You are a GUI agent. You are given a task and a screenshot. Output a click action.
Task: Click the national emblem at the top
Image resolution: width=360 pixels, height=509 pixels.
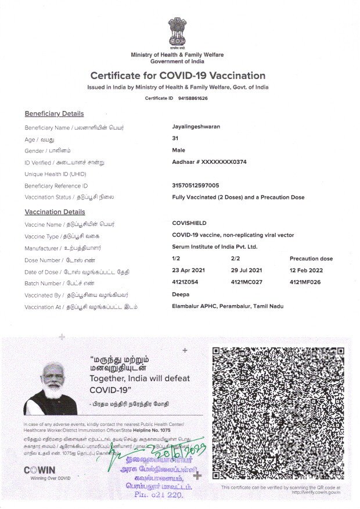click(x=177, y=33)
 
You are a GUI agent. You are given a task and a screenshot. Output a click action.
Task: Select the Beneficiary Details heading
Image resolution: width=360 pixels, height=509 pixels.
click(x=54, y=114)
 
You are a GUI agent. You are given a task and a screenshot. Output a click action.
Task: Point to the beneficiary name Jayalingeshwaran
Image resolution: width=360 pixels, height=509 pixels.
click(x=196, y=126)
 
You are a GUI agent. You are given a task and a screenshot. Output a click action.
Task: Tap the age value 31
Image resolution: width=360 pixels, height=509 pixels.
click(x=175, y=138)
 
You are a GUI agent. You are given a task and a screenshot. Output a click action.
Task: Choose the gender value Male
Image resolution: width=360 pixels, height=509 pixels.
click(x=179, y=150)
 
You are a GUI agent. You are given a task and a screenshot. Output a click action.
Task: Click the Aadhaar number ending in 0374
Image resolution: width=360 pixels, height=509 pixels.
click(x=209, y=162)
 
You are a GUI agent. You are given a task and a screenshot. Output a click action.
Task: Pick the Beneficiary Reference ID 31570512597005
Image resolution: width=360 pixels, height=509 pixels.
click(x=196, y=185)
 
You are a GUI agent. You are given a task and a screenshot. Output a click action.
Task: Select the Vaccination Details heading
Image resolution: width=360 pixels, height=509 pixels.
click(x=55, y=212)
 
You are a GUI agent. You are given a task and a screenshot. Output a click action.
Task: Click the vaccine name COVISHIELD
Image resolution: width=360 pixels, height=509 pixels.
click(x=189, y=223)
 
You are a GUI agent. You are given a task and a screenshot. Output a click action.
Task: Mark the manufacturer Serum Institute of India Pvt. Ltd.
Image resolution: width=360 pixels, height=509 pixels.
click(x=215, y=247)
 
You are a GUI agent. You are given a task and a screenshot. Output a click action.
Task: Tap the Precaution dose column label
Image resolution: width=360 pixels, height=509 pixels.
click(x=311, y=259)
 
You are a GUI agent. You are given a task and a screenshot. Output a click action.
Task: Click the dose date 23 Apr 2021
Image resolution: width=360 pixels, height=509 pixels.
click(x=189, y=271)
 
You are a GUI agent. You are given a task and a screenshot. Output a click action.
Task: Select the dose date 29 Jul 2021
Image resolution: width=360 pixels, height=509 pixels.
click(x=247, y=271)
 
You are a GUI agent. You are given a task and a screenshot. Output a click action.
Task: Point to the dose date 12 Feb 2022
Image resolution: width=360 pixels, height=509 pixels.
click(x=307, y=271)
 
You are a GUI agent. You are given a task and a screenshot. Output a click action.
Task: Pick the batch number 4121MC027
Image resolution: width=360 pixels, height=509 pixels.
click(x=248, y=282)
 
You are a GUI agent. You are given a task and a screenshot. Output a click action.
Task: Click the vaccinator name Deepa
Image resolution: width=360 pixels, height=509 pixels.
click(x=181, y=295)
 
